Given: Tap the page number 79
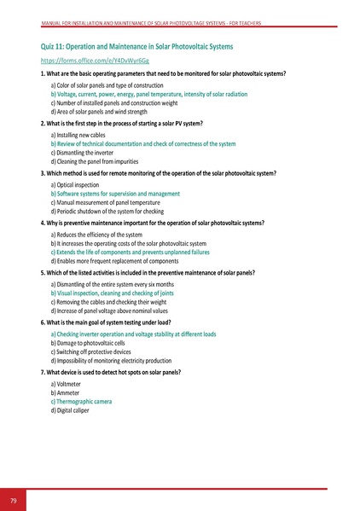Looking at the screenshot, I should pos(14,499).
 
